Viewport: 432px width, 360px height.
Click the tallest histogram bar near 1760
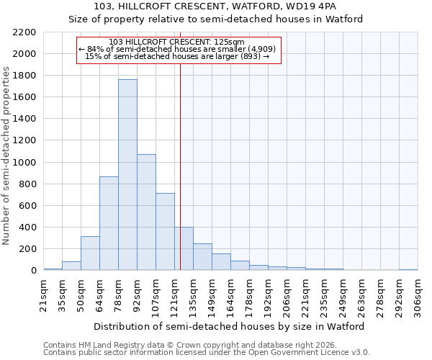click(127, 175)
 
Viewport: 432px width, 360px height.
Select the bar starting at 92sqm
click(146, 212)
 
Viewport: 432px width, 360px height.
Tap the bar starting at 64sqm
click(109, 223)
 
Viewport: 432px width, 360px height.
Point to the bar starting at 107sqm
click(165, 232)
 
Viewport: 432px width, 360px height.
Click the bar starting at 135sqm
click(202, 257)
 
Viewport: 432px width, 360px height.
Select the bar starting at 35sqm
click(71, 266)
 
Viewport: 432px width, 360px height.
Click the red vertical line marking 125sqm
click(180, 166)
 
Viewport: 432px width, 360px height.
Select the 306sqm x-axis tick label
click(418, 295)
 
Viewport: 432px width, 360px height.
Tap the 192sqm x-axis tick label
click(268, 295)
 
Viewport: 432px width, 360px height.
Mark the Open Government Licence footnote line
click(207, 353)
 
